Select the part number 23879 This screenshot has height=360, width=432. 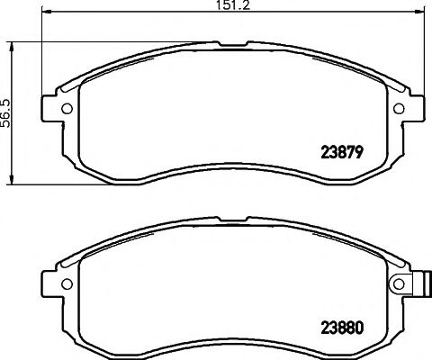point(341,152)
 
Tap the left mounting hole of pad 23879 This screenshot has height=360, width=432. point(65,110)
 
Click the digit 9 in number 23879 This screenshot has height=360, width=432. point(357,152)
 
